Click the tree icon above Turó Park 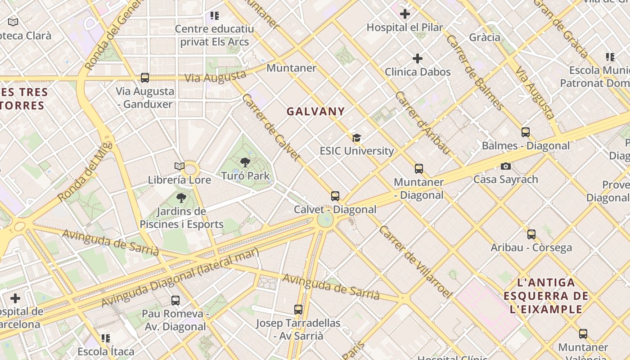pos(245,162)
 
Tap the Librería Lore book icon pos(180,166)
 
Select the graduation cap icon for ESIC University pos(356,138)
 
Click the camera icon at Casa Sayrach pos(506,166)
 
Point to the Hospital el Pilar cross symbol pos(405,14)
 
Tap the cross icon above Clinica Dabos pos(418,58)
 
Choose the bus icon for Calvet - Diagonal pos(335,196)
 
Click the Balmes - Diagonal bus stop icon pos(526,132)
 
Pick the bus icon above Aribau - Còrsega pos(531,234)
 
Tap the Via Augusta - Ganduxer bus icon pos(145,78)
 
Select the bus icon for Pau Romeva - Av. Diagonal pos(175,300)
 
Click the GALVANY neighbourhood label pos(316,112)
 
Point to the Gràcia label pos(485,37)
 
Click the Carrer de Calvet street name pos(271,127)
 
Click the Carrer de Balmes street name pos(475,72)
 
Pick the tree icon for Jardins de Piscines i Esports pos(181,198)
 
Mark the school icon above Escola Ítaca pos(106,338)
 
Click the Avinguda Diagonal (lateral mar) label pos(180,278)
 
